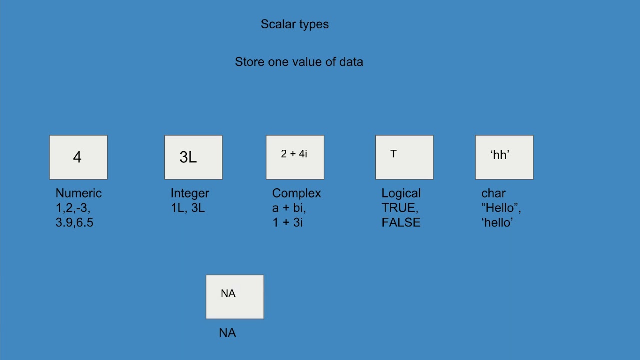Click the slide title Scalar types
click(x=295, y=24)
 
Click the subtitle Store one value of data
click(x=299, y=62)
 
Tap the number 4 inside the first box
click(x=77, y=157)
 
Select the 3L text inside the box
click(x=188, y=157)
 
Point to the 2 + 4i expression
click(x=294, y=154)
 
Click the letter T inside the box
click(x=393, y=154)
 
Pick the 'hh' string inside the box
click(x=500, y=155)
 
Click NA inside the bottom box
click(x=228, y=294)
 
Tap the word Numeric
click(x=78, y=193)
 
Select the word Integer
click(x=190, y=193)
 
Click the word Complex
click(x=296, y=193)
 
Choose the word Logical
click(x=401, y=193)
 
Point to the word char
click(x=493, y=193)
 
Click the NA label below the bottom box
click(x=227, y=333)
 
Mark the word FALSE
click(x=401, y=223)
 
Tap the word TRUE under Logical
click(x=399, y=208)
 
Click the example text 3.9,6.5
click(x=74, y=223)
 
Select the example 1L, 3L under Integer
click(x=188, y=208)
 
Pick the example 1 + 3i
click(x=287, y=223)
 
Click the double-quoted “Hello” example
click(x=500, y=208)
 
